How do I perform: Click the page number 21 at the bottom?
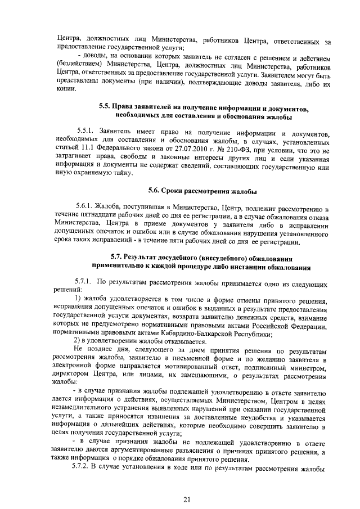click(188, 500)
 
